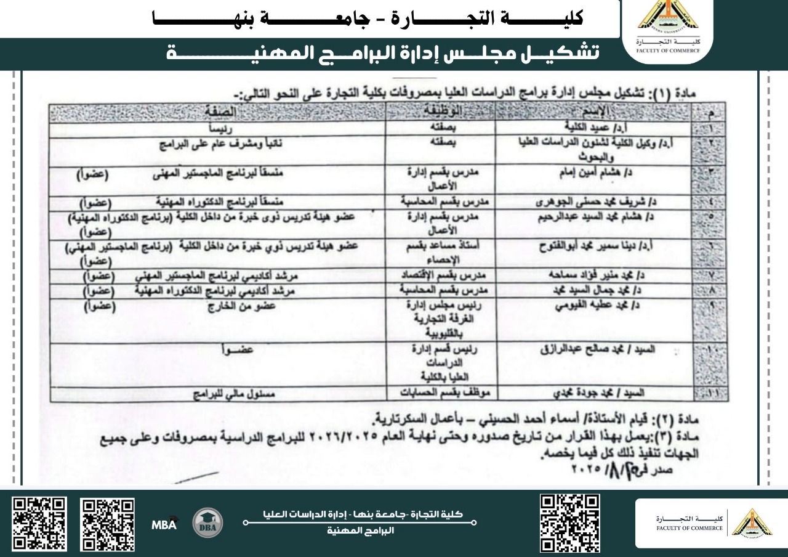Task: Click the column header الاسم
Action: click(x=597, y=112)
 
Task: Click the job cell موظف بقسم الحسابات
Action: click(x=441, y=392)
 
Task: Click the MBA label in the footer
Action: click(x=164, y=525)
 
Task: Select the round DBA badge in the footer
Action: click(x=208, y=523)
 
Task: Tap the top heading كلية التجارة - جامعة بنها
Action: click(x=369, y=18)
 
